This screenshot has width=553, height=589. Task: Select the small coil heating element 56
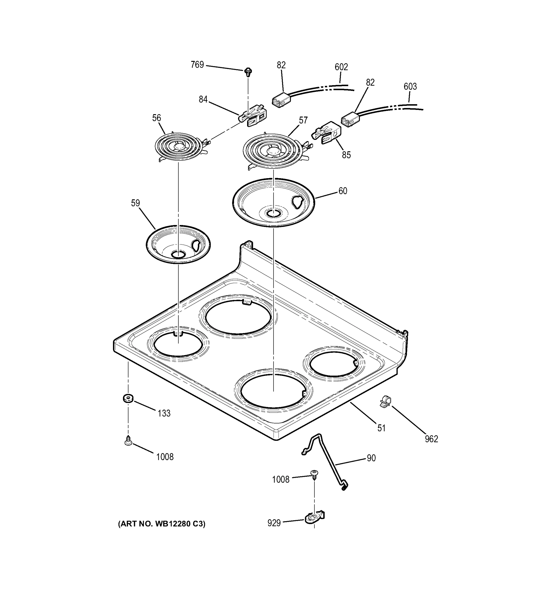[x=179, y=147]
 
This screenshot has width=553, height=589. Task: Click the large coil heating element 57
[x=273, y=151]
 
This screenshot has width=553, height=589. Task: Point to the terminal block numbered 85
[x=327, y=133]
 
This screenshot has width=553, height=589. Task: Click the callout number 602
[x=341, y=67]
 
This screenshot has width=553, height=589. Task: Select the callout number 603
[x=410, y=87]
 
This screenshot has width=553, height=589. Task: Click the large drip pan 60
[x=273, y=203]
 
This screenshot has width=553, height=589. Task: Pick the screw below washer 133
[x=128, y=441]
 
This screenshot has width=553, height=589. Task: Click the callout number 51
[x=382, y=428]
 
